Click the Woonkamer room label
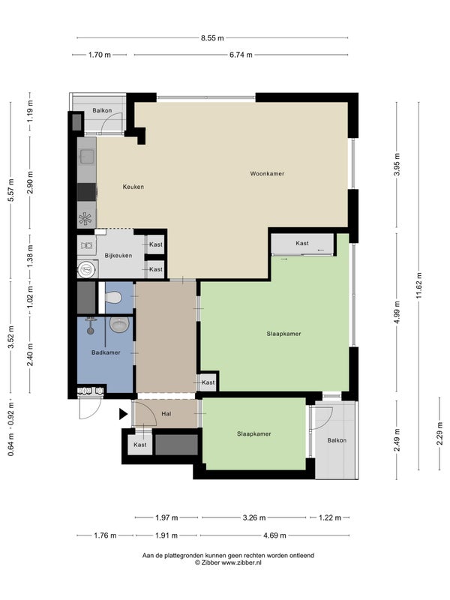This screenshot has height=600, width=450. pyautogui.click(x=267, y=174)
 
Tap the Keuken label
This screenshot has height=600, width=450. pyautogui.click(x=133, y=187)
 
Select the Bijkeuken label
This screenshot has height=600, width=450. pyautogui.click(x=118, y=256)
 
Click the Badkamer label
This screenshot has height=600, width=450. pyautogui.click(x=106, y=352)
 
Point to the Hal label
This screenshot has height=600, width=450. pyautogui.click(x=166, y=414)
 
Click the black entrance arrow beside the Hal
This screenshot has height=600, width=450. pyautogui.click(x=123, y=414)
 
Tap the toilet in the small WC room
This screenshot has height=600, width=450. pyautogui.click(x=113, y=296)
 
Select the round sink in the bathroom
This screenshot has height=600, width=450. pyautogui.click(x=119, y=324)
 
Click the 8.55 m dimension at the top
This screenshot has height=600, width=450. pyautogui.click(x=212, y=38)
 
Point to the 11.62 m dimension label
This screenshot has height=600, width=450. pyautogui.click(x=419, y=286)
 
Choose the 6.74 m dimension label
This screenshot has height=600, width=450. pyautogui.click(x=241, y=55)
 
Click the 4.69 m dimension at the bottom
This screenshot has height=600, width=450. pyautogui.click(x=274, y=535)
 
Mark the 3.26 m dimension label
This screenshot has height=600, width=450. pyautogui.click(x=254, y=517)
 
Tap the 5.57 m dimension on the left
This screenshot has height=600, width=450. pyautogui.click(x=11, y=190)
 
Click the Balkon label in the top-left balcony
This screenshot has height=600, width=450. pyautogui.click(x=102, y=110)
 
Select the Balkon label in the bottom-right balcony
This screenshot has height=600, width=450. pyautogui.click(x=337, y=440)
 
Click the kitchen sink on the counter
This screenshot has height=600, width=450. pyautogui.click(x=87, y=157)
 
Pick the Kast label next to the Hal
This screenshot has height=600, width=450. pyautogui.click(x=140, y=445)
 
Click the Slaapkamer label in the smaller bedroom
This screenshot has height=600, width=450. pyautogui.click(x=253, y=434)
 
